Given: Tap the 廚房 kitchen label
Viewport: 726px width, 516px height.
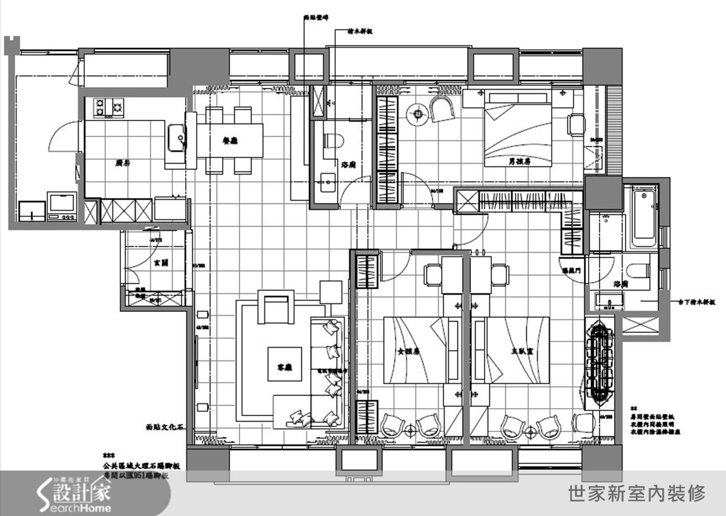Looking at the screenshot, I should point(123,162).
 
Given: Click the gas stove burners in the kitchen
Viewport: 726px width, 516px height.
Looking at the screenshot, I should point(108,108).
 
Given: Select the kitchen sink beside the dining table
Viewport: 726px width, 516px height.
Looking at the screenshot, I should point(177,138).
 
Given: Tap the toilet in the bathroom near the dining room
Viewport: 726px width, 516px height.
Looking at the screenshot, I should point(332,141).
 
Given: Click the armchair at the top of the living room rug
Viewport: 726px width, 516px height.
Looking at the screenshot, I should point(276,306).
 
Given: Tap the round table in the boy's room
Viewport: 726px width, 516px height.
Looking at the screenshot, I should point(417,113).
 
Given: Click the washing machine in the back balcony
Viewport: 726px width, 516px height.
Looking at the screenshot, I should point(61,204).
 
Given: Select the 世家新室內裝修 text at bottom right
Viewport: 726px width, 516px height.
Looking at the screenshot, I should point(638,493).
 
